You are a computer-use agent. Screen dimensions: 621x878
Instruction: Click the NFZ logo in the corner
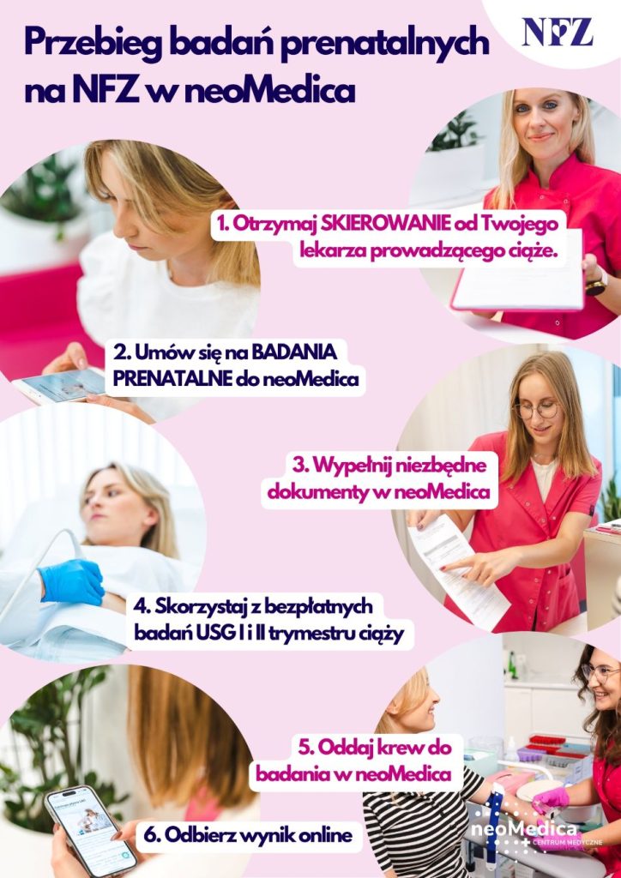click(x=558, y=33)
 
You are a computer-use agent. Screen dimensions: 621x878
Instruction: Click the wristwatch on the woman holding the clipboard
click(x=596, y=285)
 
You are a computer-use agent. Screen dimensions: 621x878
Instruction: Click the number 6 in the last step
click(x=148, y=836)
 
